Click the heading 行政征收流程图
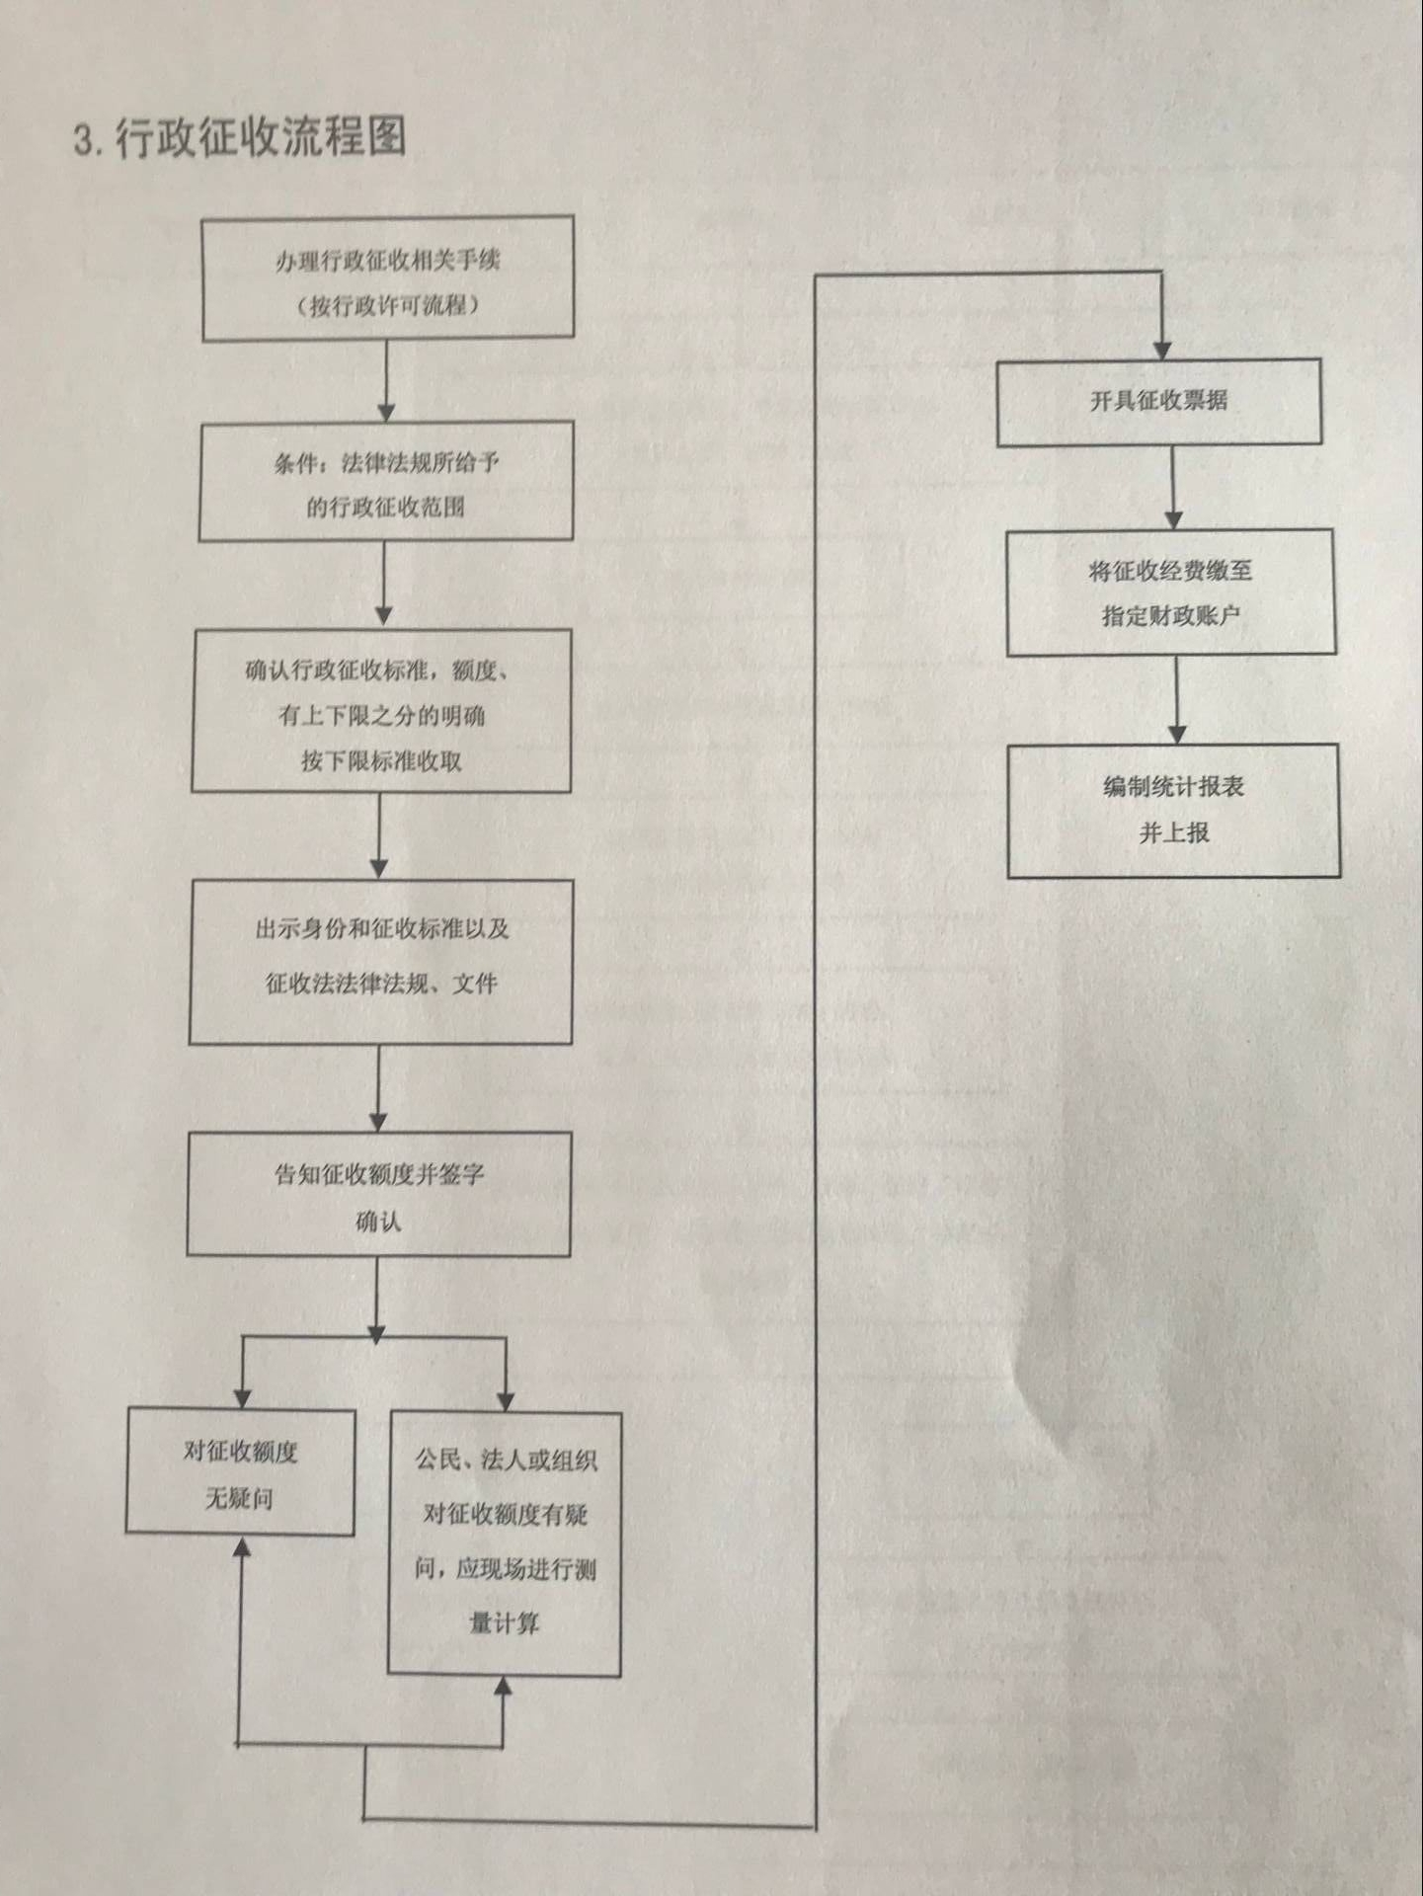pos(261,136)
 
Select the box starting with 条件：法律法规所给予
pos(386,482)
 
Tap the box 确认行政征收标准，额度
pos(381,711)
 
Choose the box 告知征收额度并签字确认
pos(379,1194)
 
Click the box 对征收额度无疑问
pos(240,1472)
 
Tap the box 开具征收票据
pos(1158,402)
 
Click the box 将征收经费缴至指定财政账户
pos(1170,592)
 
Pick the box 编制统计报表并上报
pos(1174,810)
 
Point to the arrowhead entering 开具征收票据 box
pos(1162,352)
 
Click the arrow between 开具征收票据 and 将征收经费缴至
pos(1173,488)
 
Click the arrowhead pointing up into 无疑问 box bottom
pos(240,1546)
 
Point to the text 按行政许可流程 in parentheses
pos(388,305)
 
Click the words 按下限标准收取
pos(381,761)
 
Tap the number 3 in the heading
pos(83,139)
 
